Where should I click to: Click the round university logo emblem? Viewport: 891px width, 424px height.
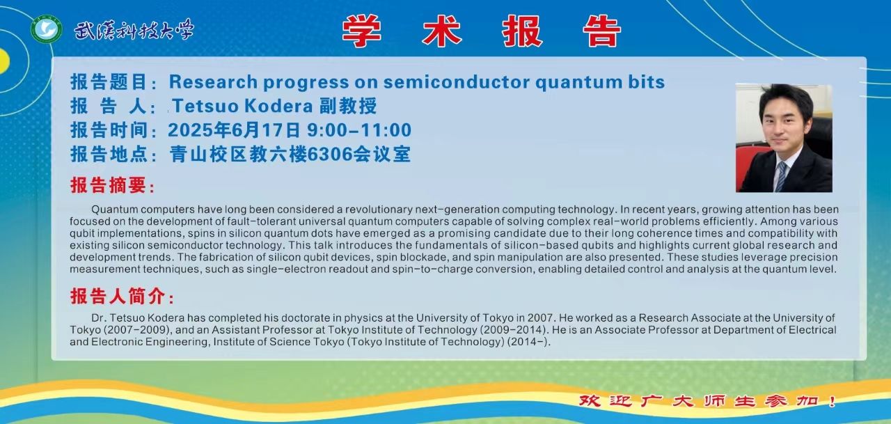[x=47, y=29]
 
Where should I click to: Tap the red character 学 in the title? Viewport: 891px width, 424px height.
[x=361, y=31]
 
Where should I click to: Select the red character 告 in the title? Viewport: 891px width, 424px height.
[x=601, y=31]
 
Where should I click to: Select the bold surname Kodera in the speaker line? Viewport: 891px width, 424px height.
[x=278, y=106]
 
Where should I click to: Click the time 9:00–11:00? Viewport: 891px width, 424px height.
[x=358, y=130]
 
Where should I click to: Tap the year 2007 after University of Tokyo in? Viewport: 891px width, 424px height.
[x=540, y=317]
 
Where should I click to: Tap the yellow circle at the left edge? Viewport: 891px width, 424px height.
[x=3, y=61]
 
